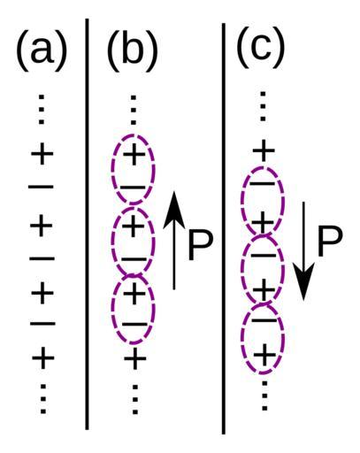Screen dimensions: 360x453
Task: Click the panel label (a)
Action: click(x=42, y=50)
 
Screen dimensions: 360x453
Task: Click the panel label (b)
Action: click(x=133, y=50)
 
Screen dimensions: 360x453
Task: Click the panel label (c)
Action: click(x=261, y=47)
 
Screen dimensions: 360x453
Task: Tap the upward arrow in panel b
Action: click(x=174, y=241)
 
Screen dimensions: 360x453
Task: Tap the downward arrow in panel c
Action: click(x=304, y=251)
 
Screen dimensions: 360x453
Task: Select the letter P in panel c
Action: click(x=330, y=242)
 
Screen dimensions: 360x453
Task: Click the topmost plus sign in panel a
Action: click(x=42, y=154)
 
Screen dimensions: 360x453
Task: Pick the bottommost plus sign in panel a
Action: click(x=43, y=358)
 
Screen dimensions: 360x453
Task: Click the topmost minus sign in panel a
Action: click(x=41, y=187)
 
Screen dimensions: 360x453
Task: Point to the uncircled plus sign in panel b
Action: click(x=135, y=358)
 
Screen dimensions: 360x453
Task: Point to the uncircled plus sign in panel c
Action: click(x=264, y=151)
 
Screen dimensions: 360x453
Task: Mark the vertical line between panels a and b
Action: click(x=87, y=224)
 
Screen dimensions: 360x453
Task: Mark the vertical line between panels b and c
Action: click(x=224, y=228)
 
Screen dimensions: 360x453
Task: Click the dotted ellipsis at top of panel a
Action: click(x=42, y=109)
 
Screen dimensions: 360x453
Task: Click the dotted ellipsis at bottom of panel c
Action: click(x=264, y=395)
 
